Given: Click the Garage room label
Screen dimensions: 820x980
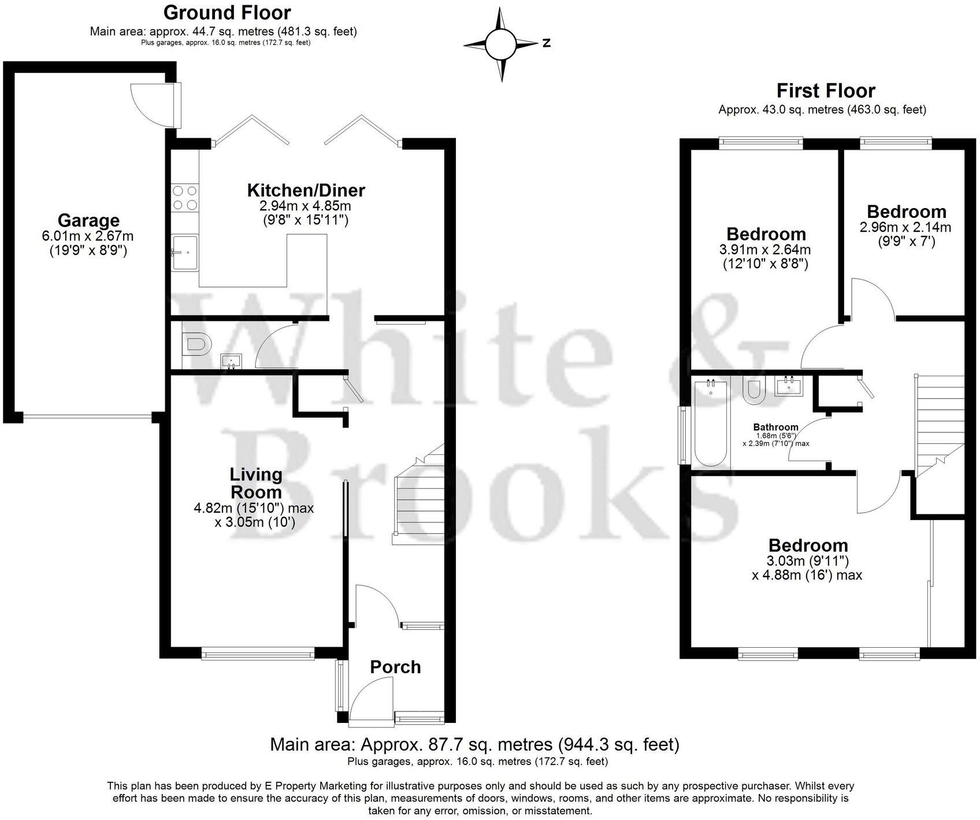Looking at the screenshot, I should coord(88,220).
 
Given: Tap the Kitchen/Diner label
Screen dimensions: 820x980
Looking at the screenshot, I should coord(306,190).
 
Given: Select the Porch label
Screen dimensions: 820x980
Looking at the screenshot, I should coord(395,667).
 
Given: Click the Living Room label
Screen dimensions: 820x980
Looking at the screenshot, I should coord(256,483).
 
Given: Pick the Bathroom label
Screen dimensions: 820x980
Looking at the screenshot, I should coord(775,427).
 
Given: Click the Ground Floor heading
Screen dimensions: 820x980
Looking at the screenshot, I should coord(227,12).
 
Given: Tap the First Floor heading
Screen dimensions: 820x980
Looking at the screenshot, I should coord(825,91).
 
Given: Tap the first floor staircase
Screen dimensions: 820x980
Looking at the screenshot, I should coord(939,425).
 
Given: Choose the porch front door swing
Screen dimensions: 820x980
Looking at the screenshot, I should coord(373,699).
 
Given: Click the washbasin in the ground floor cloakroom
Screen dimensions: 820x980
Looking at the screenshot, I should coord(232,361).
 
